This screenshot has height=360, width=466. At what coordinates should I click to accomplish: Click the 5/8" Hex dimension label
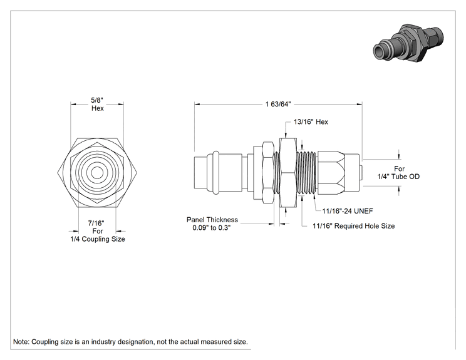click(x=98, y=105)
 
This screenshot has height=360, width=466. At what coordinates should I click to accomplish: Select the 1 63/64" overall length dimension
click(x=278, y=104)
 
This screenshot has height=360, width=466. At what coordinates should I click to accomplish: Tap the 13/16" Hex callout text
click(x=311, y=122)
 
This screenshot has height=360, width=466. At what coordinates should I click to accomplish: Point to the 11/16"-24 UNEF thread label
click(x=348, y=211)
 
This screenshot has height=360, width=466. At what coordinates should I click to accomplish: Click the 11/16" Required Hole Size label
click(x=354, y=226)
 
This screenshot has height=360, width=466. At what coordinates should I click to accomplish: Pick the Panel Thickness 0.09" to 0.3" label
click(x=212, y=224)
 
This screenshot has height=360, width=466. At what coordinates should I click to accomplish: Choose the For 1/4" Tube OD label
click(x=398, y=173)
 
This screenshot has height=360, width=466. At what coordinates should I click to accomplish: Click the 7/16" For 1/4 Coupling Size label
click(x=98, y=231)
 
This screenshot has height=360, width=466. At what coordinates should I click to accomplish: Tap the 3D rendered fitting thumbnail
click(x=408, y=43)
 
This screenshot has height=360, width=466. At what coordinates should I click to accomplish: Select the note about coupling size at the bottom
click(x=130, y=342)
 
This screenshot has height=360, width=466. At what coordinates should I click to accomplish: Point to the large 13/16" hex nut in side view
click(x=288, y=173)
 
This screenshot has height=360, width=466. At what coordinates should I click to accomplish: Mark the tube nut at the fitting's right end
click(x=338, y=173)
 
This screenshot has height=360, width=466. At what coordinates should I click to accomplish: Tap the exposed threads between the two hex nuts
click(x=277, y=173)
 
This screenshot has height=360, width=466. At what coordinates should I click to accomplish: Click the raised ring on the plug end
click(x=215, y=173)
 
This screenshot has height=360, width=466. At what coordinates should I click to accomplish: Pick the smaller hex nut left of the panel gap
click(x=268, y=173)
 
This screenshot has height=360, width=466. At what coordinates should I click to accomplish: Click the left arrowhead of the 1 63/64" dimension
click(x=197, y=105)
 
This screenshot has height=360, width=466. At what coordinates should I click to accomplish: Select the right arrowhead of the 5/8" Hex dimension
click(x=121, y=105)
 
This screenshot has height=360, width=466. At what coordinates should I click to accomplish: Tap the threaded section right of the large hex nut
click(x=307, y=173)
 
